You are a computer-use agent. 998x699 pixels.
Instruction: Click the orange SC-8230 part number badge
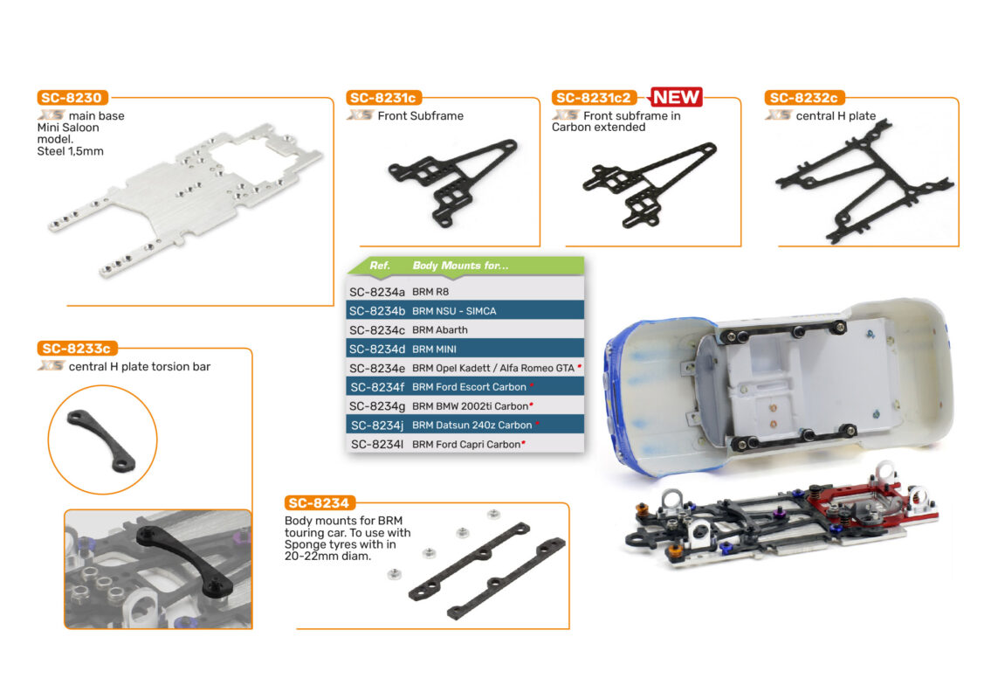72,98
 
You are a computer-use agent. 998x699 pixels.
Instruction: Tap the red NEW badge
675,97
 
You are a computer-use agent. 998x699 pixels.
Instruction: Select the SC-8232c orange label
804,98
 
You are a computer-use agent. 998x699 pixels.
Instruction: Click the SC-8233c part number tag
77,349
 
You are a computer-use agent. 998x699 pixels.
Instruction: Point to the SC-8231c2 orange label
594,98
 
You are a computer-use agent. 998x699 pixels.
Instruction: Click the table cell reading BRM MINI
434,349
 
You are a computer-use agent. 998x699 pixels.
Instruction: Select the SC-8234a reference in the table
377,292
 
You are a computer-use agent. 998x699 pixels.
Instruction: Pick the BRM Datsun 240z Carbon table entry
471,425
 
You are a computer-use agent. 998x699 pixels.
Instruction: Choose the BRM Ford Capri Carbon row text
466,444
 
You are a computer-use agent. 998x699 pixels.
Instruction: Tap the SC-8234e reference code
377,369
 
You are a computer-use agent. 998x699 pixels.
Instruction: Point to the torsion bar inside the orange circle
101,441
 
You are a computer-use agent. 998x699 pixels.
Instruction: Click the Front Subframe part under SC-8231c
452,181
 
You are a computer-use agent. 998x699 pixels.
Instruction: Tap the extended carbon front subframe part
650,183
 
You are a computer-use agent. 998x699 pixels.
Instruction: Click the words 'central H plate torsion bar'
140,366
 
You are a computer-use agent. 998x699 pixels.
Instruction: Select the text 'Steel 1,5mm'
70,151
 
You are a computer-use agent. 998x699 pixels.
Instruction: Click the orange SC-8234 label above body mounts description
319,502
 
